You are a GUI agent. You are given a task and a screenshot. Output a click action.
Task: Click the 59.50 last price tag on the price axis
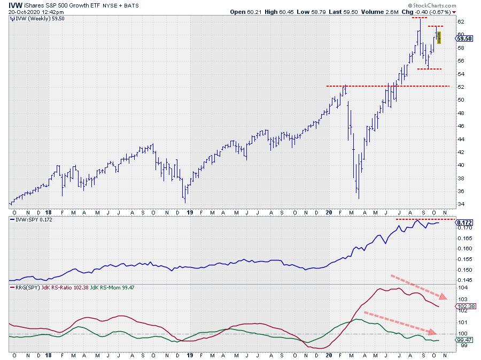(x=464, y=39)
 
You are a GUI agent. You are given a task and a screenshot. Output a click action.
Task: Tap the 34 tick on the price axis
(x=460, y=204)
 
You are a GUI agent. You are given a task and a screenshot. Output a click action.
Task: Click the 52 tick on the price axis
(x=460, y=87)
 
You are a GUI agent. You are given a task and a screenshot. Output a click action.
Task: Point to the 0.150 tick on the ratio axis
(x=463, y=269)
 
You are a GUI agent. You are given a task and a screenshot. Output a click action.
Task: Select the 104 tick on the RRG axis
(x=461, y=288)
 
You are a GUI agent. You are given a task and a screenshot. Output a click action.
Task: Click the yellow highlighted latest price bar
(x=439, y=37)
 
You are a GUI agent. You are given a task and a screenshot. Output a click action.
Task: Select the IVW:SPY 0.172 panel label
(x=32, y=220)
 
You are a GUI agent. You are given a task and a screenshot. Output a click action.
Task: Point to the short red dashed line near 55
(x=429, y=69)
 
